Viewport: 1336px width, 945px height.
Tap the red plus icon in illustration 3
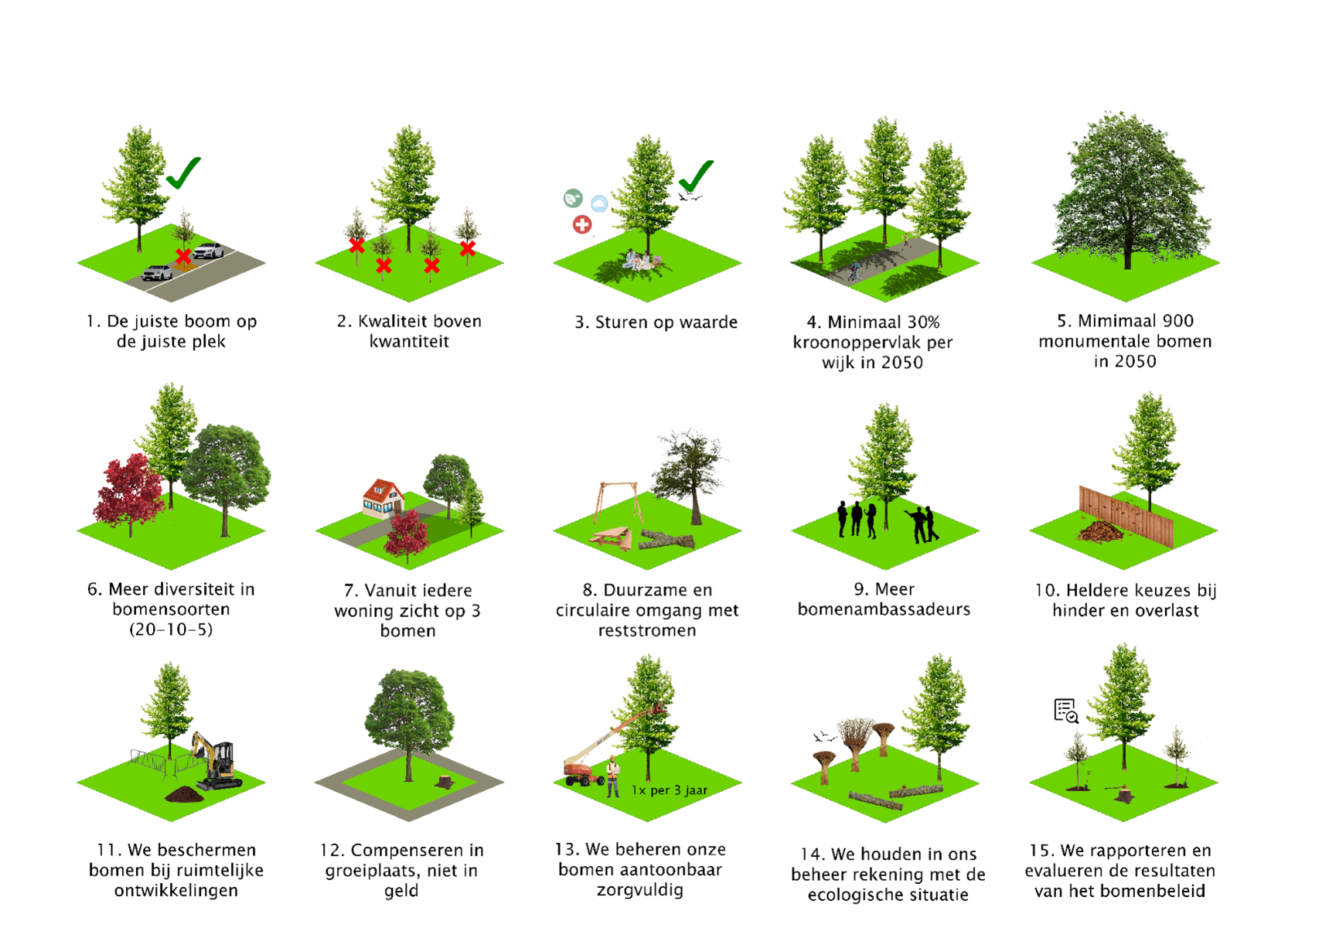[582, 224]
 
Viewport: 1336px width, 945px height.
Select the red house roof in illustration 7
[383, 490]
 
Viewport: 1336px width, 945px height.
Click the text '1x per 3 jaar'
[670, 790]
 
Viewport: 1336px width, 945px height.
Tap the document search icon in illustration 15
[1066, 711]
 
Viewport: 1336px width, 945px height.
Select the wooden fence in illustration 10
[1126, 515]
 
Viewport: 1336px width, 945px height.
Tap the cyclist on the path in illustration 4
[854, 272]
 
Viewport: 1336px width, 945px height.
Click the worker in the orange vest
[612, 776]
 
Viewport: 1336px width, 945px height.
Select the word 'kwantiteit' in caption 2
[409, 341]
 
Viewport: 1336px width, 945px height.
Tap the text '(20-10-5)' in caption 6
[171, 629]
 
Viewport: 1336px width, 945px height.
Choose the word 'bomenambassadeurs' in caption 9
[884, 609]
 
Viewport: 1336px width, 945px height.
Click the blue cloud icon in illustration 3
[599, 203]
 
